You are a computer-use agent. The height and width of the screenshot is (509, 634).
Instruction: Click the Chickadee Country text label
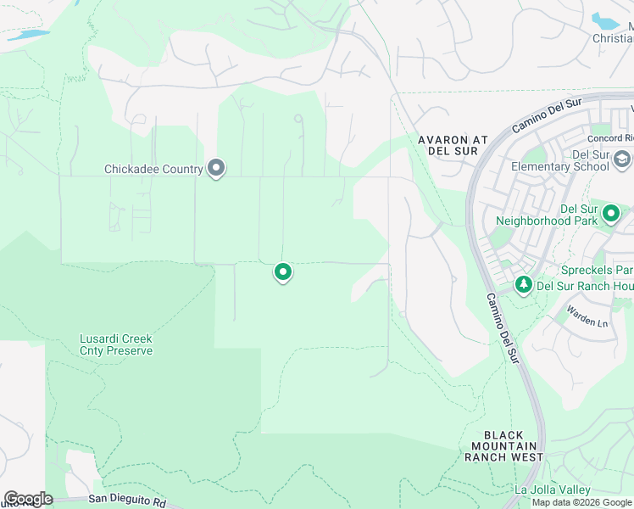pyautogui.click(x=153, y=169)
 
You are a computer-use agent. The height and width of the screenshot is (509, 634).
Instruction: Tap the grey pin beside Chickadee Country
pyautogui.click(x=216, y=168)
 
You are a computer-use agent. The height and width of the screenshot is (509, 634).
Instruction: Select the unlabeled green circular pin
pyautogui.click(x=283, y=272)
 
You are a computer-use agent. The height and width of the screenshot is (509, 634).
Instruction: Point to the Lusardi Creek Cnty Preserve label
pyautogui.click(x=116, y=344)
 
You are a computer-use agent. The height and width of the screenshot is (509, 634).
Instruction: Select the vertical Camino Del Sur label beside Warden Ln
pyautogui.click(x=502, y=328)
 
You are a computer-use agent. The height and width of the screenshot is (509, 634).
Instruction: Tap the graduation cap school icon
pyautogui.click(x=622, y=159)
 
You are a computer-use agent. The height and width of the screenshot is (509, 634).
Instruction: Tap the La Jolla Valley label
pyautogui.click(x=552, y=490)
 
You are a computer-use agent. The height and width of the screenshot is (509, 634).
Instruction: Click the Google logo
pyautogui.click(x=28, y=498)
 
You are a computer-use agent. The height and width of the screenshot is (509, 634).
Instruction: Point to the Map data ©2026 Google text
pyautogui.click(x=581, y=502)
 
